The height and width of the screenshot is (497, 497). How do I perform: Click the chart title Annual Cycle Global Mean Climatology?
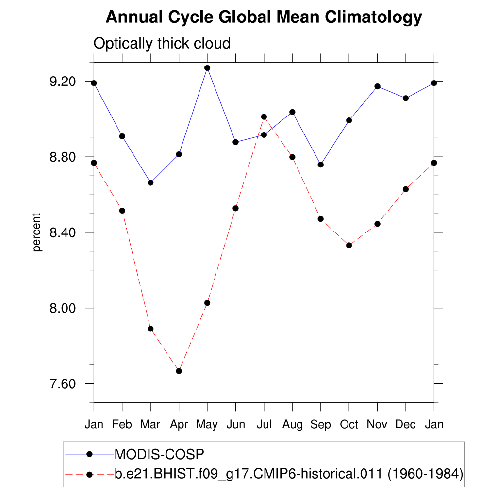[x=264, y=17]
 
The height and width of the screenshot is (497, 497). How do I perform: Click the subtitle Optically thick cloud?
[x=162, y=44]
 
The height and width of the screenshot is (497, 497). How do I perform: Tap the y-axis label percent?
[x=37, y=232]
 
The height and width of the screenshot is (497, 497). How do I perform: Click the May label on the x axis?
[x=207, y=425]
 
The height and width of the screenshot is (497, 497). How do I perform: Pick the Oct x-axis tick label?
[x=348, y=425]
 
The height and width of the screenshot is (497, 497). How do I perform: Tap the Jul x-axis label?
[x=264, y=425]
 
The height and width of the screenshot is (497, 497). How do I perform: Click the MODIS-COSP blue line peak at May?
[x=207, y=68]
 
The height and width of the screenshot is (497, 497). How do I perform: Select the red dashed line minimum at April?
[x=179, y=371]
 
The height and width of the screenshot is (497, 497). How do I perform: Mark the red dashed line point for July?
[x=264, y=117]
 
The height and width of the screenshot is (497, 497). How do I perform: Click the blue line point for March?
[x=150, y=183]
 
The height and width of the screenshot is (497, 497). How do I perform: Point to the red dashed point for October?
[x=349, y=245]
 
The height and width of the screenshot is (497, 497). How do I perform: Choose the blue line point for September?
[x=321, y=165]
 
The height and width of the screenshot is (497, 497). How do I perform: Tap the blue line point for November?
[x=377, y=86]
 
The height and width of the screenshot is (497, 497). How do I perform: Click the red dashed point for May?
[x=207, y=303]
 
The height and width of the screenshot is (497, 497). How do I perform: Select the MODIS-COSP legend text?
[x=159, y=455]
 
